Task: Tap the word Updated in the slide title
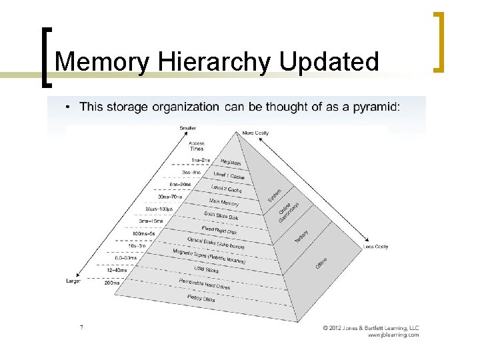pos(329,62)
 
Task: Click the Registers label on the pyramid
pos(231,163)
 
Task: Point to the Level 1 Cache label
pos(229,175)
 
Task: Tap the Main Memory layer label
pos(225,203)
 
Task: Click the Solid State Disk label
pos(221,216)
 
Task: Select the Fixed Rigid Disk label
pos(220,230)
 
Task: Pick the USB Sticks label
pos(207,270)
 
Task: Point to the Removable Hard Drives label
pos(204,285)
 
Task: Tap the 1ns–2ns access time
pos(200,160)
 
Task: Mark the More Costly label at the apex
pos(255,133)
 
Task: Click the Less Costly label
pos(376,247)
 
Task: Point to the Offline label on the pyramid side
pos(321,263)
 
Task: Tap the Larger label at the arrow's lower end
pos(74,281)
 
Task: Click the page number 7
pos(81,327)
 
